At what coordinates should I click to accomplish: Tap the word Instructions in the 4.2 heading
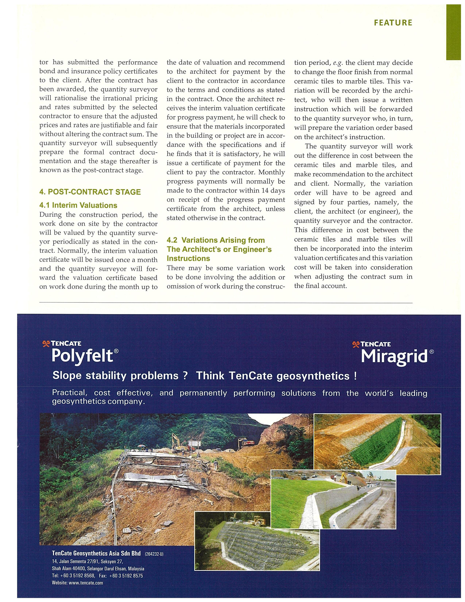point(188,258)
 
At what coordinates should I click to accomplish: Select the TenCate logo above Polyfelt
point(61,344)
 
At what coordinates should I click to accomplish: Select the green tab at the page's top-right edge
point(453,32)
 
